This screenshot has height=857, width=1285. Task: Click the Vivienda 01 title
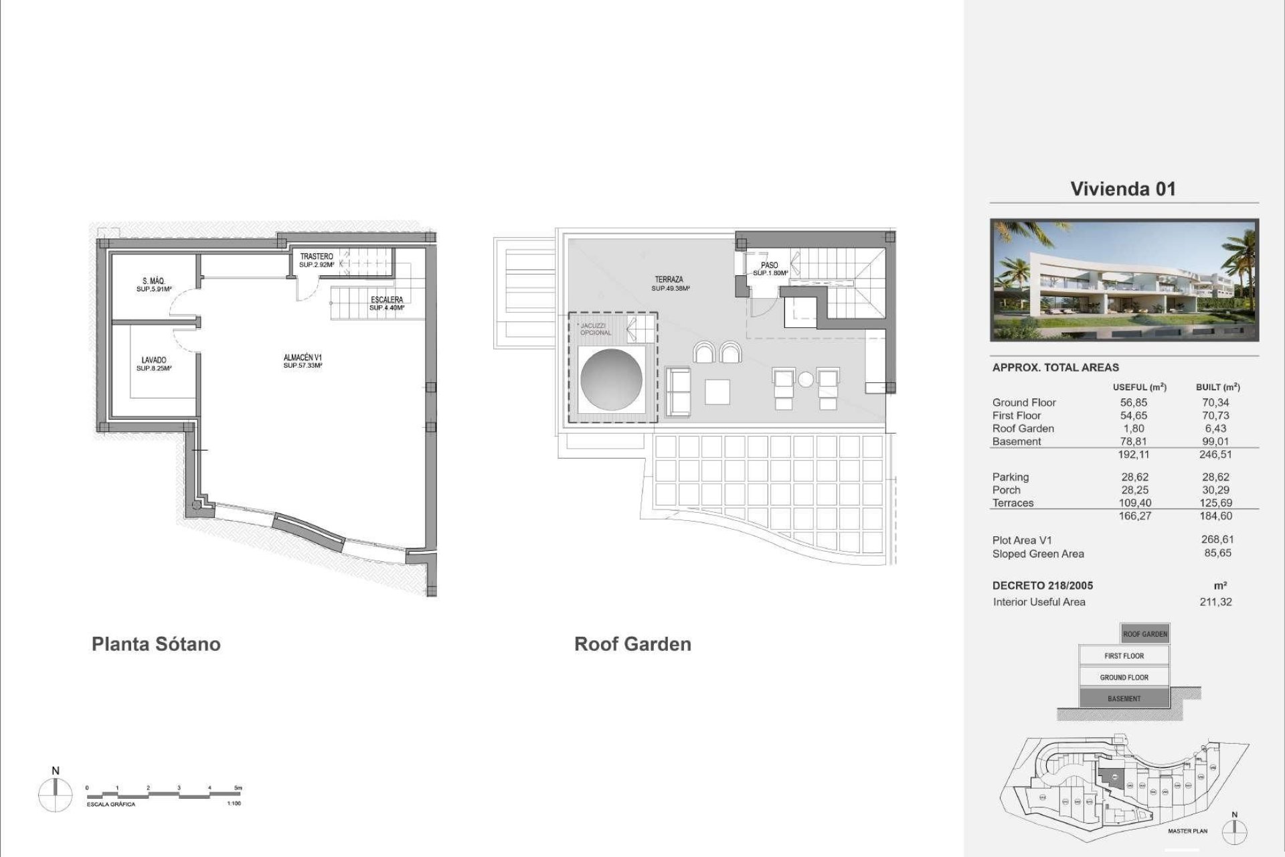pos(1123,189)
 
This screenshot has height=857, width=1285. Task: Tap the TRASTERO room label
pos(317,256)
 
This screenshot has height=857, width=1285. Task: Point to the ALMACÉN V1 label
pos(303,358)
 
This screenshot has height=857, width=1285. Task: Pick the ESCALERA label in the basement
pos(387,300)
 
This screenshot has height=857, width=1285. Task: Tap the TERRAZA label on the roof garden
pos(669,280)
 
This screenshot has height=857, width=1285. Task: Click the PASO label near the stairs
pos(770,266)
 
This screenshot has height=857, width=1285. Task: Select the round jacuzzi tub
pos(612,380)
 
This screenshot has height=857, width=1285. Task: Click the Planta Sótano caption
pos(156,644)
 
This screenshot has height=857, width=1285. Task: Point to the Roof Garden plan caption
pos(632,644)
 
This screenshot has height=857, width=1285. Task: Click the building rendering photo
pos(1124,281)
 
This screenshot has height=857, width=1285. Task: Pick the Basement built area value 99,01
pos(1215,441)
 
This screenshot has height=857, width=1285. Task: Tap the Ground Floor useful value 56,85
pos(1134,402)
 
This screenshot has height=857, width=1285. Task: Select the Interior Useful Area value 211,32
pos(1215,602)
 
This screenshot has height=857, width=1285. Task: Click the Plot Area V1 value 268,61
pos(1217,540)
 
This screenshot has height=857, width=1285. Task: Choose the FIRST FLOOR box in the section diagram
pos(1124,656)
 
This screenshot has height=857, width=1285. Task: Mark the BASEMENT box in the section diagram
pos(1124,699)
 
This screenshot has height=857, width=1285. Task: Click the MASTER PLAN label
pos(1188,832)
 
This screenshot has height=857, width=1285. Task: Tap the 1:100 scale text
pos(234,803)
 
